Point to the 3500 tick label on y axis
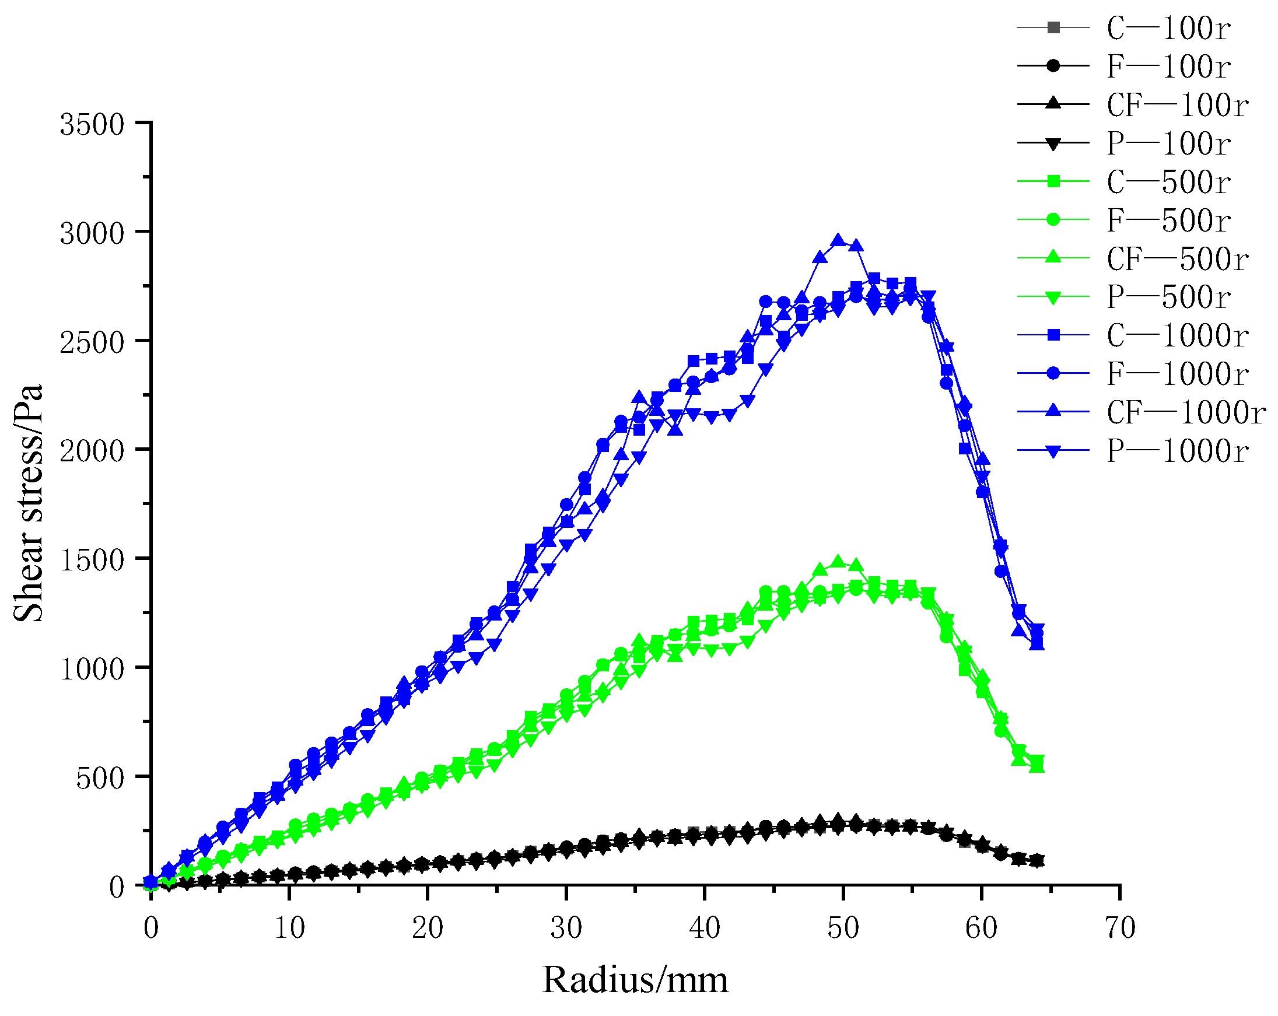92,125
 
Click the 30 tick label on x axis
566,929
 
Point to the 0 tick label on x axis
151,929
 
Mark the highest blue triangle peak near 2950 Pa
838,240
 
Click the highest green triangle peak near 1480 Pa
838,561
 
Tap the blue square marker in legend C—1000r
1053,335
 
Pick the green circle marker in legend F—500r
1053,220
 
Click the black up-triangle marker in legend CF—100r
1053,104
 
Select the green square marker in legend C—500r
1053,181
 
